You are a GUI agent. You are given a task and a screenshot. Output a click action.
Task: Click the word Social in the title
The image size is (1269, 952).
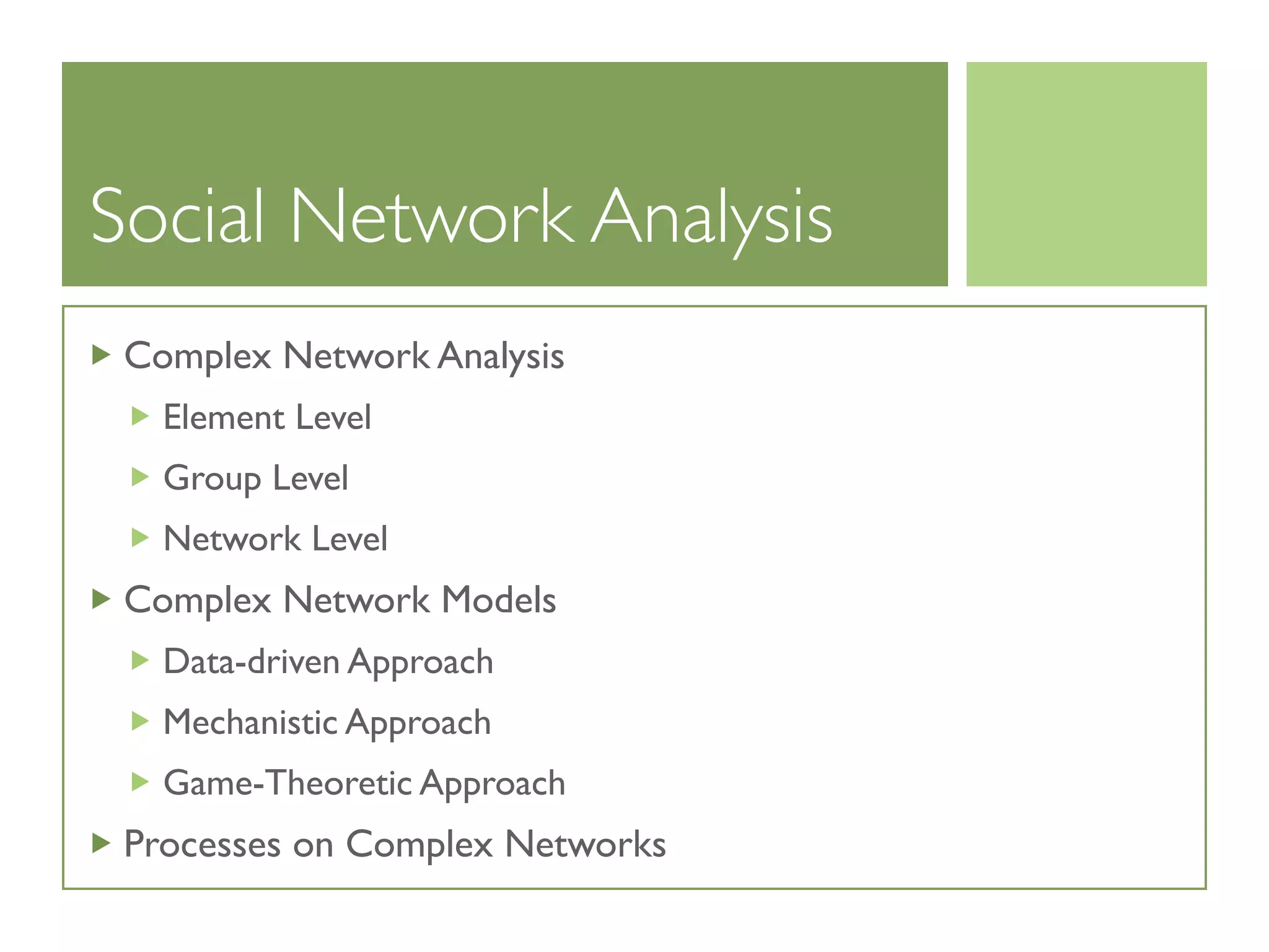coord(177,216)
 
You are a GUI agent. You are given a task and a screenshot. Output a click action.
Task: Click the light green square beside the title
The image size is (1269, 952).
coord(1086,174)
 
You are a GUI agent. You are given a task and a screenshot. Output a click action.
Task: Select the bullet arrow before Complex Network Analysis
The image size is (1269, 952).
coord(100,355)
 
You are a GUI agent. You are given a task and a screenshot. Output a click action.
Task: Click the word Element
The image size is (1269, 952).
coord(224,416)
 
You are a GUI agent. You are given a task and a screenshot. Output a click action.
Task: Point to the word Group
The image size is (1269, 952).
coord(212,478)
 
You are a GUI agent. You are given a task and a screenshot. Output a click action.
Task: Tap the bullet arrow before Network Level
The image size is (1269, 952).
coord(140,537)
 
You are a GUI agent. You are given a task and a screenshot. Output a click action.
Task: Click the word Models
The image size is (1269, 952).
coord(498,600)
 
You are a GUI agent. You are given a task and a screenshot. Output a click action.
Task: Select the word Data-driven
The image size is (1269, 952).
coord(251,661)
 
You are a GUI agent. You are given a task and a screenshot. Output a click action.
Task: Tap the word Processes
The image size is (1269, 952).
coord(202,844)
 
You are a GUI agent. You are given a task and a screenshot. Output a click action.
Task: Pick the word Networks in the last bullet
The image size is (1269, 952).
coord(585,844)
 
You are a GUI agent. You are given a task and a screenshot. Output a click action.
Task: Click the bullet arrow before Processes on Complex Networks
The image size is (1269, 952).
coord(100,843)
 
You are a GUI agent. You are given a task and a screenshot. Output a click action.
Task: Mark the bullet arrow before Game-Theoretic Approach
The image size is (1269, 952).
coord(140,782)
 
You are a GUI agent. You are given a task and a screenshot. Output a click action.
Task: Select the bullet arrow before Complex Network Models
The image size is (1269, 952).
coord(100,599)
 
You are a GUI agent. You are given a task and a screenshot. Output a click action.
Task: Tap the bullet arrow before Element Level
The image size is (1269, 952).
coord(140,416)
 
